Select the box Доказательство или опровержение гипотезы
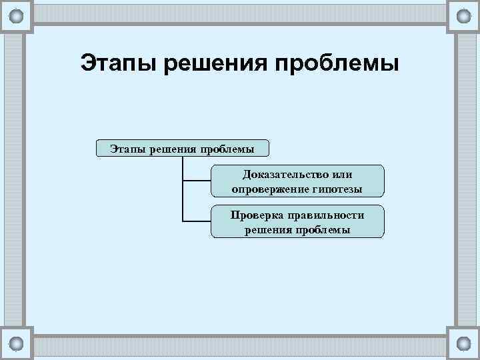297,181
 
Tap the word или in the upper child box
341,175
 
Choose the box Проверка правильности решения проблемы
297,222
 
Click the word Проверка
257,215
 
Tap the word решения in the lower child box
267,229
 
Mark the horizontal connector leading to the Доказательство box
197,181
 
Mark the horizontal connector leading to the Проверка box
197,221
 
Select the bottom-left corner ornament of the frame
17,343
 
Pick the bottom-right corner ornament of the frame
463,343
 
